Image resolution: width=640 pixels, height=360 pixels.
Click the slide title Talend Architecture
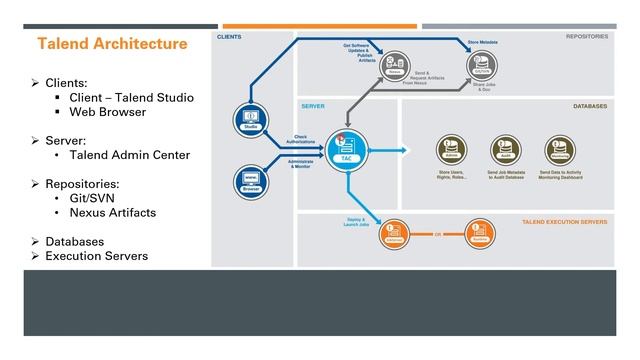112,44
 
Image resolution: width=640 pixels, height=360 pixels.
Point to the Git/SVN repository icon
482,65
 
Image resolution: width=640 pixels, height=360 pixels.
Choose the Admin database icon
449,149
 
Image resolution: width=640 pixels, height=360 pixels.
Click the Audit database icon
504,149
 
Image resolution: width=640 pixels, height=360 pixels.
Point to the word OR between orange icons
437,235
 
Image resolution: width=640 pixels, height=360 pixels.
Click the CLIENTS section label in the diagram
229,37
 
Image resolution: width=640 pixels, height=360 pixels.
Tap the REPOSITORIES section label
587,36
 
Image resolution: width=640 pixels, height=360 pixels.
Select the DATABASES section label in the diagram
590,104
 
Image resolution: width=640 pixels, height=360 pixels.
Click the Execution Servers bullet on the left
97,256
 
